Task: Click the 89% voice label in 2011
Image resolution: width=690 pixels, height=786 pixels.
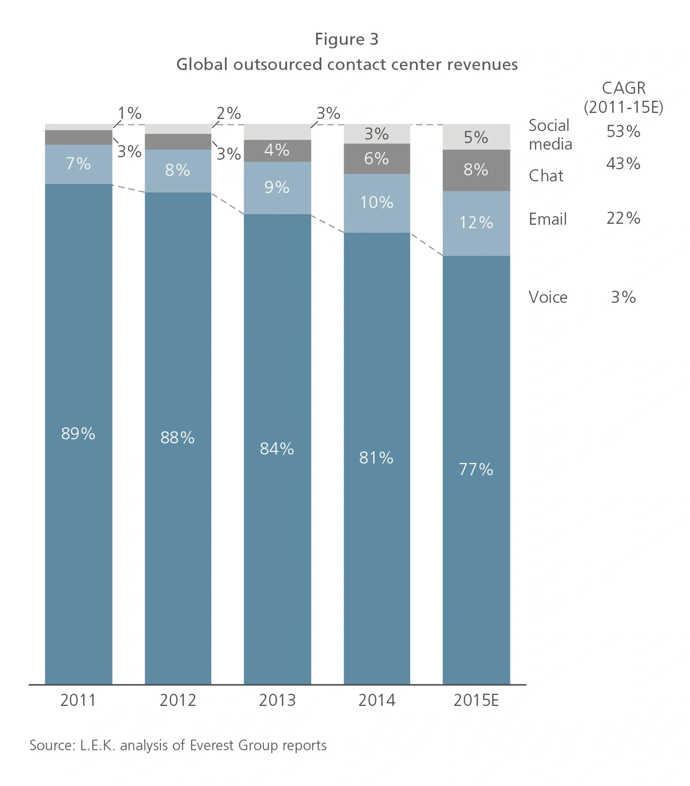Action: coord(78,434)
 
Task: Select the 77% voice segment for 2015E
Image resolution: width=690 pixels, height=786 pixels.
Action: coord(476,469)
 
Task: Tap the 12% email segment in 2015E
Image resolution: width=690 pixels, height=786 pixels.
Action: coord(476,223)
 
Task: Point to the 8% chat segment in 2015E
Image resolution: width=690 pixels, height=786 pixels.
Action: coord(476,170)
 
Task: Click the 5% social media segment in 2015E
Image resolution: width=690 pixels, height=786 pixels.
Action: coord(476,137)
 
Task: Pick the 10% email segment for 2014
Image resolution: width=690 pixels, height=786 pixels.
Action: coord(377,203)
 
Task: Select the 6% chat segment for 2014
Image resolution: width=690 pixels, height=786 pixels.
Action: coord(377,159)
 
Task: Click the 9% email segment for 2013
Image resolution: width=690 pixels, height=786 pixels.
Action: coord(277,187)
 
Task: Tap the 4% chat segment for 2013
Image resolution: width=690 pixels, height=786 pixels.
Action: coord(277,150)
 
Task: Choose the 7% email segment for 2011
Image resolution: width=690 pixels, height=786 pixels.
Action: coord(78,164)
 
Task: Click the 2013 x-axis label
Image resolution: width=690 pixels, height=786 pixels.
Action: coord(277,700)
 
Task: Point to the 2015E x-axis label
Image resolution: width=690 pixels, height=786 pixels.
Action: coord(476,700)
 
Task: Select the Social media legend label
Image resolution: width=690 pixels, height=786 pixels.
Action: coord(550,135)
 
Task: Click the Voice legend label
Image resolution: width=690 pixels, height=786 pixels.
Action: coord(548,297)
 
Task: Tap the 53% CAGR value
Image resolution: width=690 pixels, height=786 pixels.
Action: coord(623,132)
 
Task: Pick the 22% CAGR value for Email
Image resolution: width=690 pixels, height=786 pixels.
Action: coord(623,218)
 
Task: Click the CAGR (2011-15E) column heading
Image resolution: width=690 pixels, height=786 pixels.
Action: coord(624,98)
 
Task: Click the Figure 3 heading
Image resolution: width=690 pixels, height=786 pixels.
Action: coord(347,39)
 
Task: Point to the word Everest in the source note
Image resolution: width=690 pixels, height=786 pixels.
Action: coord(212,745)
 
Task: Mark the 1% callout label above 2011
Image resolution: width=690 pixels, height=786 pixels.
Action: coord(130,113)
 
